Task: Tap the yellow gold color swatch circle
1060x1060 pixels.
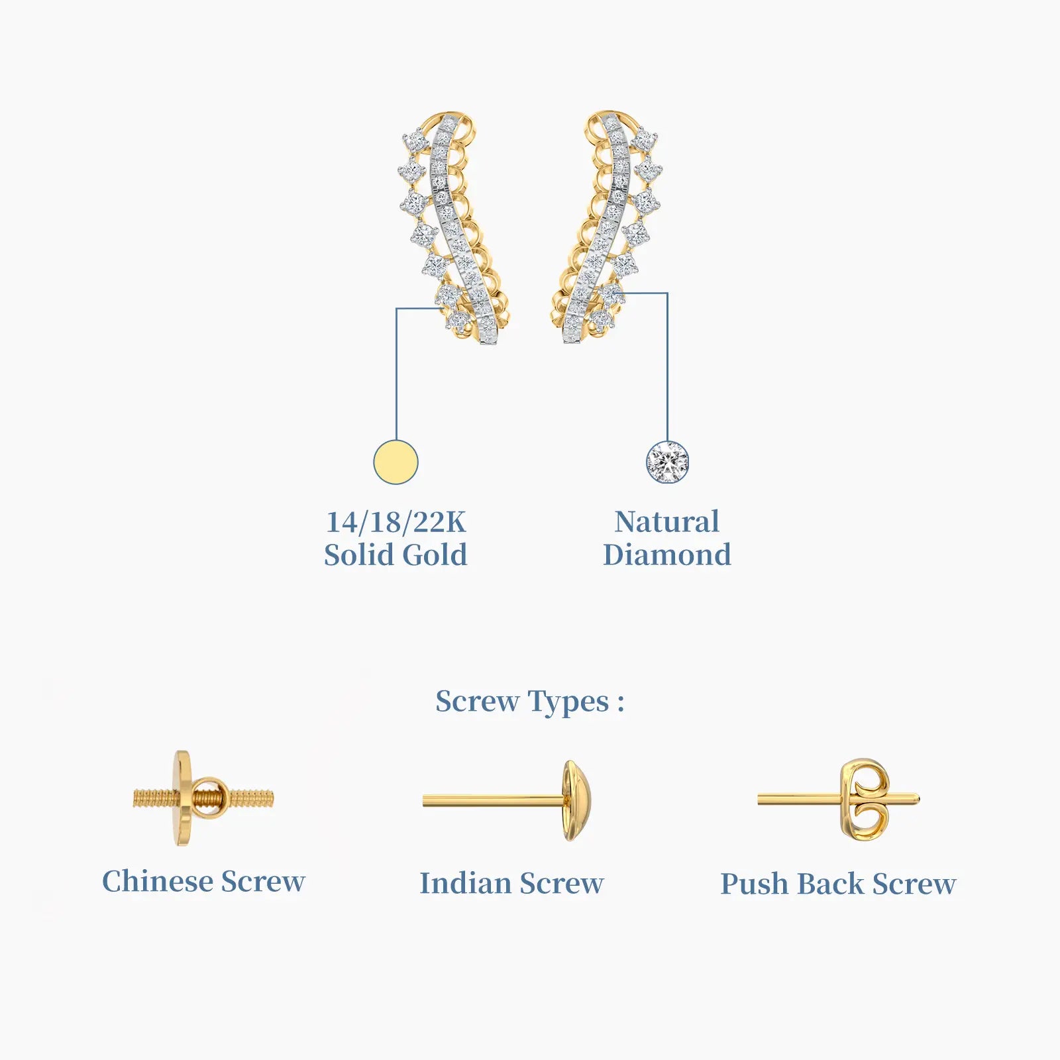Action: pos(396,462)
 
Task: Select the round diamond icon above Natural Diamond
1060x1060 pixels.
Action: pos(667,462)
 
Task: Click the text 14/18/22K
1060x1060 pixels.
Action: pos(396,522)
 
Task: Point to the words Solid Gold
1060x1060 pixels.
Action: pos(396,555)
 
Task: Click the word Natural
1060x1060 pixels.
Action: pos(666,521)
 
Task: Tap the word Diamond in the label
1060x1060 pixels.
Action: pos(667,555)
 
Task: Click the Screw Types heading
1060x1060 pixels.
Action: pos(529,702)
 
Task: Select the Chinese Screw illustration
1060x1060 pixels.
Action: pos(203,798)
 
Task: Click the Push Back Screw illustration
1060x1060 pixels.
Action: pos(839,800)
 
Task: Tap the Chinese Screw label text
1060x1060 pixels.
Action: pos(203,881)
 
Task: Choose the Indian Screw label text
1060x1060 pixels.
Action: pos(511,883)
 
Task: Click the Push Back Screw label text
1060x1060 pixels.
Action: pos(838,884)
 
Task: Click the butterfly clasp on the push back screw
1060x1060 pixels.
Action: pos(864,800)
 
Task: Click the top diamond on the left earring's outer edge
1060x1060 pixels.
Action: pos(415,140)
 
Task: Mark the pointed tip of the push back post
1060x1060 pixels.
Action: pos(920,799)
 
